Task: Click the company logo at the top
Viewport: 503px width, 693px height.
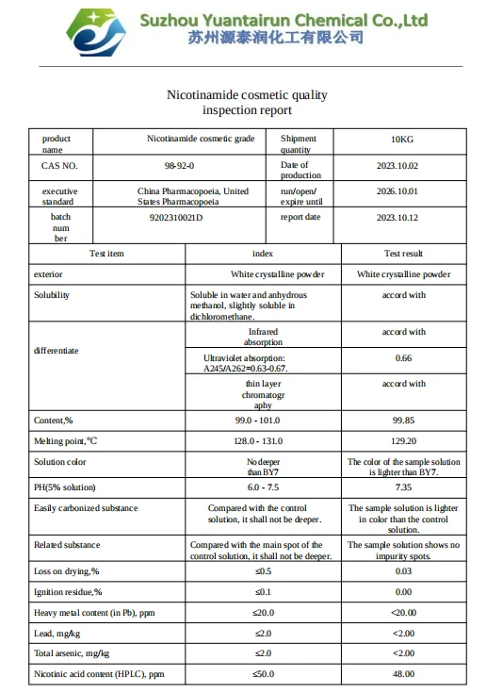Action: pyautogui.click(x=90, y=31)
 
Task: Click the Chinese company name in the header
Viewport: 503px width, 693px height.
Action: pyautogui.click(x=275, y=38)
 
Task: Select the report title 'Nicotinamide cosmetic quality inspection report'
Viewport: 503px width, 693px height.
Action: pyautogui.click(x=248, y=103)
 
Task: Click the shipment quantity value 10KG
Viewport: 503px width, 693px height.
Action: pyautogui.click(x=402, y=140)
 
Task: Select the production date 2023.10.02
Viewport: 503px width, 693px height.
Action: pyautogui.click(x=402, y=166)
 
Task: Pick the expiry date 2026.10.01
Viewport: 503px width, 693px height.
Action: pyautogui.click(x=402, y=191)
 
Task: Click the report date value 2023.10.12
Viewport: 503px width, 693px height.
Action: pyautogui.click(x=402, y=217)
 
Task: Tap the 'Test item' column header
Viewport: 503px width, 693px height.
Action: pyautogui.click(x=105, y=254)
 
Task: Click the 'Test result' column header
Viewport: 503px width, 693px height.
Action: pyautogui.click(x=403, y=254)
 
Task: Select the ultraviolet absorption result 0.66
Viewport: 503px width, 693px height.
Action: pyautogui.click(x=403, y=358)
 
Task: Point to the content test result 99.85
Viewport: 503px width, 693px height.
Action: pyautogui.click(x=403, y=420)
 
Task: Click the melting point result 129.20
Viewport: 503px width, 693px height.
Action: pyautogui.click(x=403, y=441)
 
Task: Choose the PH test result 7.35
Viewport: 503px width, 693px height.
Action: pyautogui.click(x=403, y=487)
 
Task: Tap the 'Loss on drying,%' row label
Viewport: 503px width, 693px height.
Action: pyautogui.click(x=66, y=571)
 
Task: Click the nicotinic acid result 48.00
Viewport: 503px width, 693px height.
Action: pyautogui.click(x=403, y=674)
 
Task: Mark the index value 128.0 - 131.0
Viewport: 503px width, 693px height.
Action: pyautogui.click(x=263, y=441)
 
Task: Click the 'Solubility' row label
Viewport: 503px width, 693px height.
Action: pyautogui.click(x=52, y=295)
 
